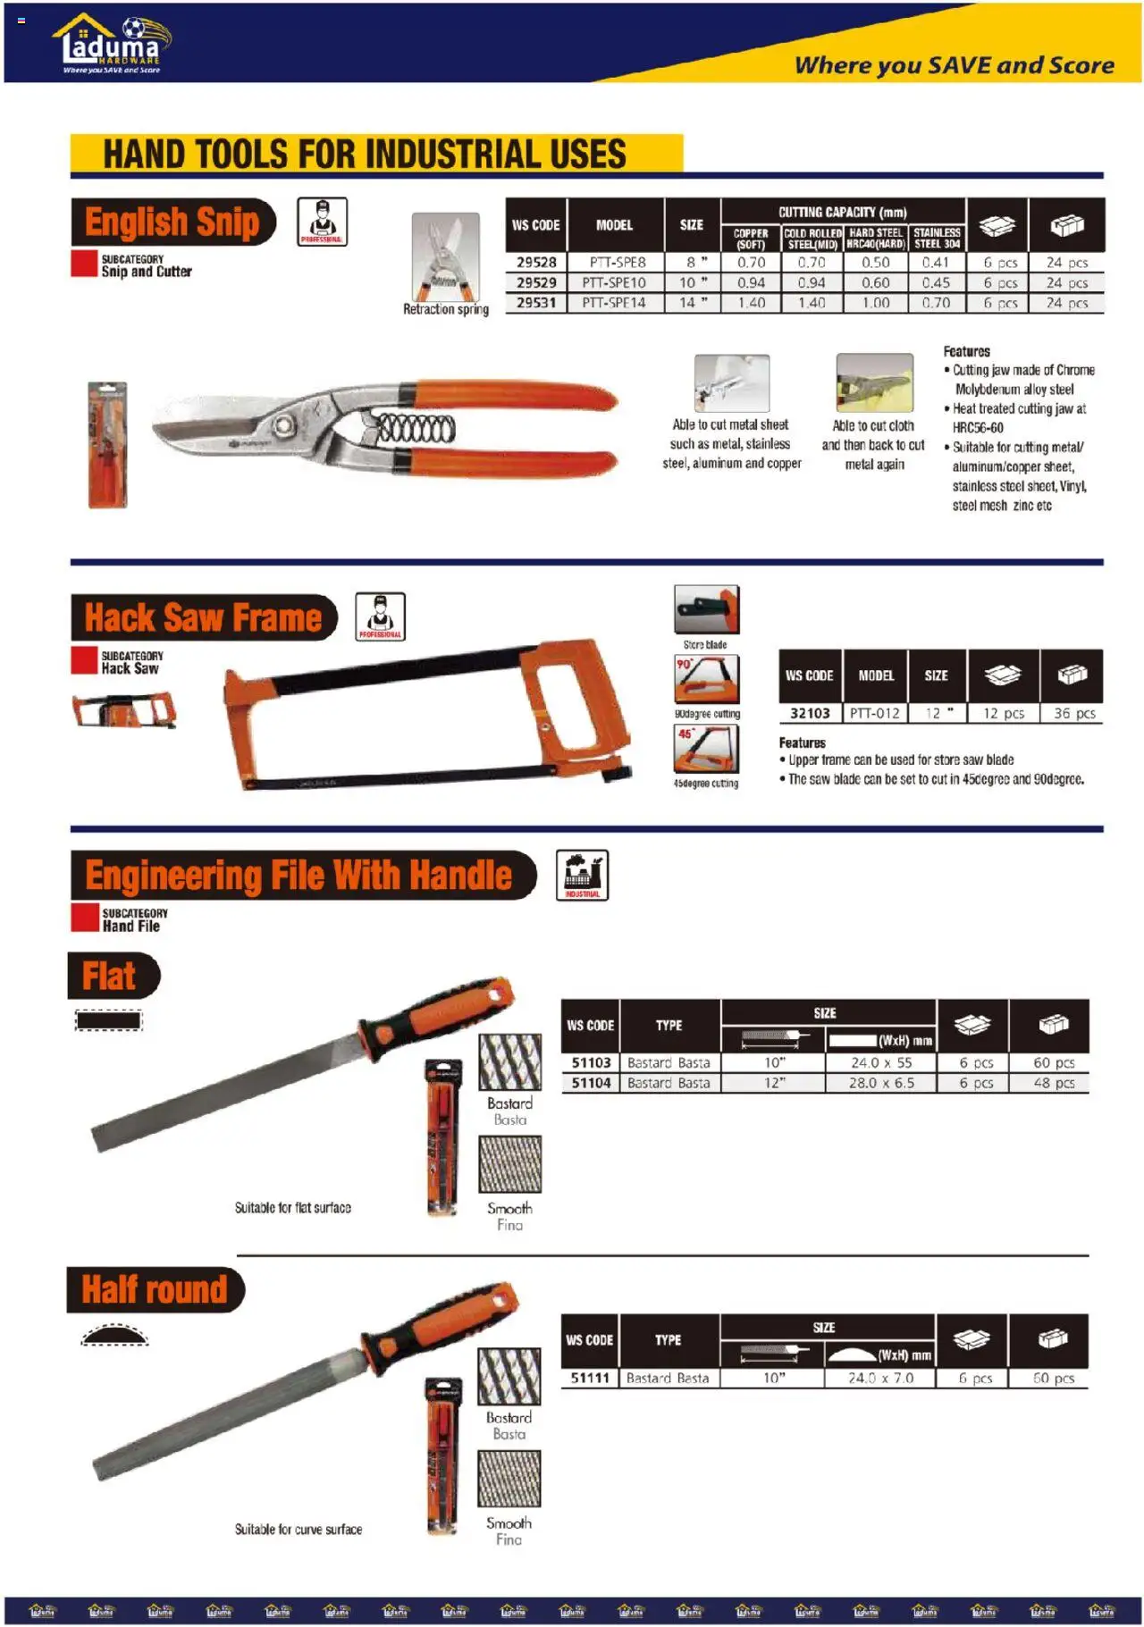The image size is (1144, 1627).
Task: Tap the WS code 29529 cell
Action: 536,282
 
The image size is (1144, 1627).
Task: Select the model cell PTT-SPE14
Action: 614,303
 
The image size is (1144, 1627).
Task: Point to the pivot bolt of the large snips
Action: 289,422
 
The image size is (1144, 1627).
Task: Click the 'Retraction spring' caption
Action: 445,309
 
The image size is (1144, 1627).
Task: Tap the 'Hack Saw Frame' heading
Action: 203,617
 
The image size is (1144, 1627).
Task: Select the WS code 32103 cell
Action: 810,713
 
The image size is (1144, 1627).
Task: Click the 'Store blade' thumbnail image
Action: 706,609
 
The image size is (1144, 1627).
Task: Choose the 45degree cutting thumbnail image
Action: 706,748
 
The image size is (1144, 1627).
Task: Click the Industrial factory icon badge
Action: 582,875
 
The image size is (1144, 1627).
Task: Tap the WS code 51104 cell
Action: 591,1083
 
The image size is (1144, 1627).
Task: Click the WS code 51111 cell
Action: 590,1378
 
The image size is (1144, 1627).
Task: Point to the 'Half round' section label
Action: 155,1289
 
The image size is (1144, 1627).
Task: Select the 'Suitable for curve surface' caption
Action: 299,1529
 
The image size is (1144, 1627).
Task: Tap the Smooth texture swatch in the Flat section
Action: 509,1163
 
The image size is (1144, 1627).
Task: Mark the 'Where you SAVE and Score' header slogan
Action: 954,65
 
